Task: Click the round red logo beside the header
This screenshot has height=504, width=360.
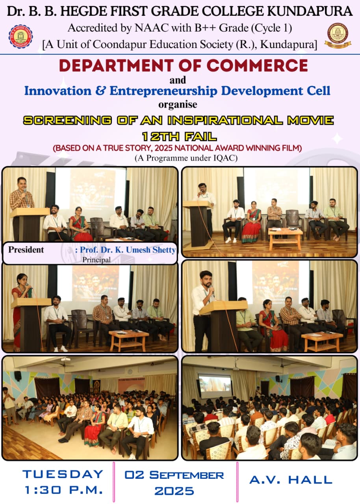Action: pyautogui.click(x=20, y=37)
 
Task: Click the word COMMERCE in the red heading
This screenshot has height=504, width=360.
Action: pyautogui.click(x=257, y=65)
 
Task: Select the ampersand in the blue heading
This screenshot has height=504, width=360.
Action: pyautogui.click(x=100, y=91)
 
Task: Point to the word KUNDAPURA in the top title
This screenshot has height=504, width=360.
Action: pyautogui.click(x=310, y=11)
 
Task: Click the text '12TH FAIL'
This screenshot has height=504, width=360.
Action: pyautogui.click(x=179, y=137)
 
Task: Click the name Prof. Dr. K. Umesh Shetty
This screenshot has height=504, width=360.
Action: pyautogui.click(x=128, y=250)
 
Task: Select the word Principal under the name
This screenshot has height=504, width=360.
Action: pyautogui.click(x=96, y=259)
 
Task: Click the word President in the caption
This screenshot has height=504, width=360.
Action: pyautogui.click(x=26, y=250)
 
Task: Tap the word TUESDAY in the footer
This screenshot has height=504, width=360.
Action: pyautogui.click(x=63, y=474)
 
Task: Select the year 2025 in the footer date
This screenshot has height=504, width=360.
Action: pyautogui.click(x=174, y=491)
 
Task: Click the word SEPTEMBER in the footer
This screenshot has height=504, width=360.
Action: pyautogui.click(x=187, y=475)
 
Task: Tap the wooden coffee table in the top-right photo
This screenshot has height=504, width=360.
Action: pyautogui.click(x=286, y=239)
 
